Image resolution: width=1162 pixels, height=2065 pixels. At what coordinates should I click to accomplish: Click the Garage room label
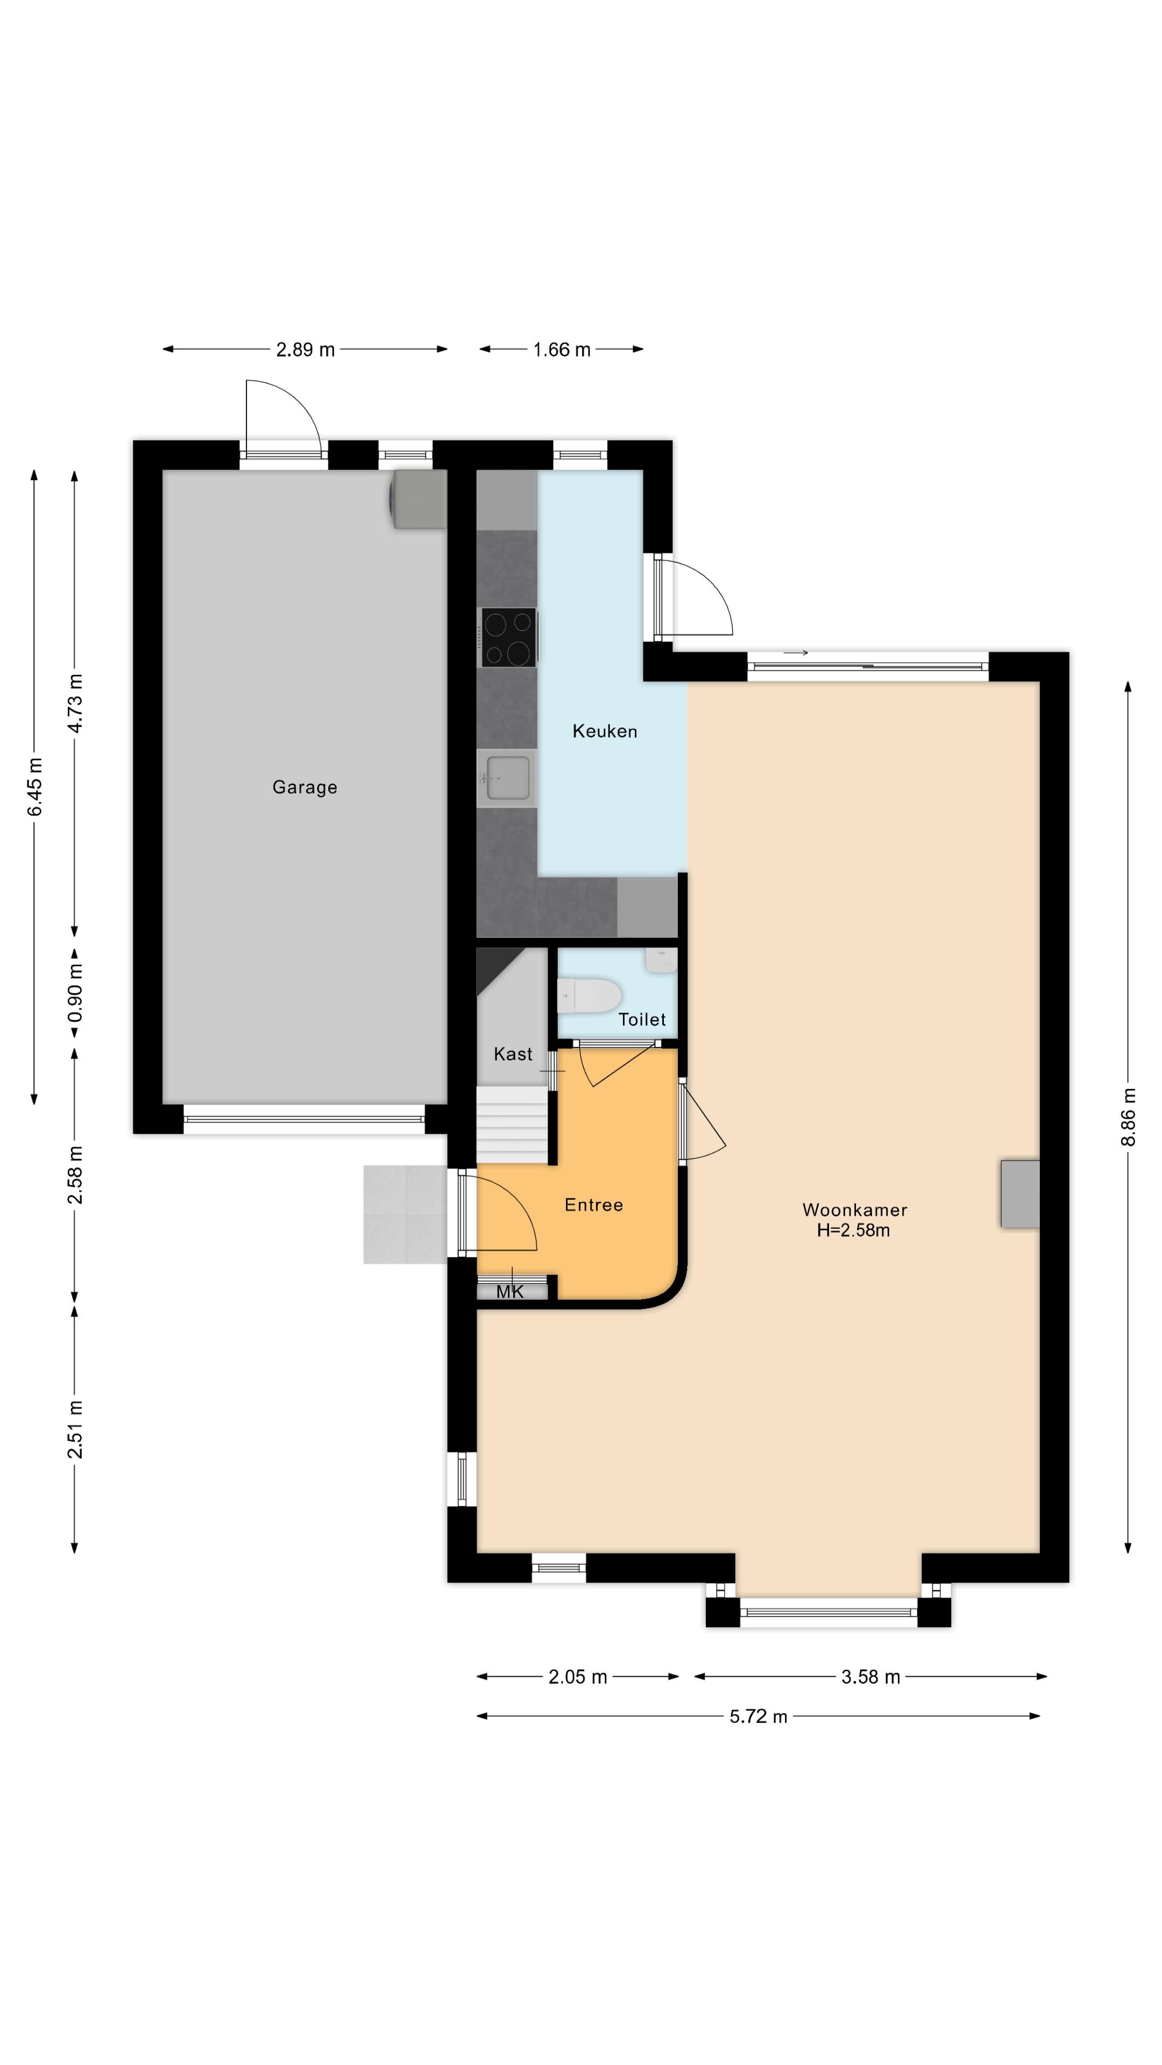click(x=304, y=787)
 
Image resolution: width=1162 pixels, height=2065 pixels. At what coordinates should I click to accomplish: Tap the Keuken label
click(x=605, y=731)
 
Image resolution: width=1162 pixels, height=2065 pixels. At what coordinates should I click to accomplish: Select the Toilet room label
click(x=642, y=1020)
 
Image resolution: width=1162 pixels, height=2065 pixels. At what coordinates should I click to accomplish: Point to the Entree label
click(x=593, y=1205)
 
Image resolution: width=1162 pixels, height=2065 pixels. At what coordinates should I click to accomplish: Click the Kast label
click(x=513, y=1054)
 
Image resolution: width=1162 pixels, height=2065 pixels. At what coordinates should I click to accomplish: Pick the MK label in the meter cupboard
click(x=510, y=1291)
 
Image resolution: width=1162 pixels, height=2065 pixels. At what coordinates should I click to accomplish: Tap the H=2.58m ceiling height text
click(x=853, y=1230)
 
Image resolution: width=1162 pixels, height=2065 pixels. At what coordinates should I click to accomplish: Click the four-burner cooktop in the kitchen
click(x=508, y=637)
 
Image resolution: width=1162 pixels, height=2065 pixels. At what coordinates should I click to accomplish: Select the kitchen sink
click(x=507, y=778)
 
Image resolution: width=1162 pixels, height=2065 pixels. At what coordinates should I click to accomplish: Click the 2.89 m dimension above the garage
click(x=304, y=350)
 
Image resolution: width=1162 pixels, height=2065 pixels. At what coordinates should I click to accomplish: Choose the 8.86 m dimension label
click(x=1128, y=1117)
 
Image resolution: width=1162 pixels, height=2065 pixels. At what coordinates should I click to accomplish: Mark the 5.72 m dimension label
click(x=758, y=1717)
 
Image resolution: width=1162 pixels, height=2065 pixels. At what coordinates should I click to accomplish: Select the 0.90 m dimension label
click(x=75, y=993)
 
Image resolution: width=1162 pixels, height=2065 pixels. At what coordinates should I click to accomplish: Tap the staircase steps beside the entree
click(x=512, y=1124)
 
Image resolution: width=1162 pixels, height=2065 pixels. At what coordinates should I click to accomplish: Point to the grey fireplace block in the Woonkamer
click(x=1019, y=1194)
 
